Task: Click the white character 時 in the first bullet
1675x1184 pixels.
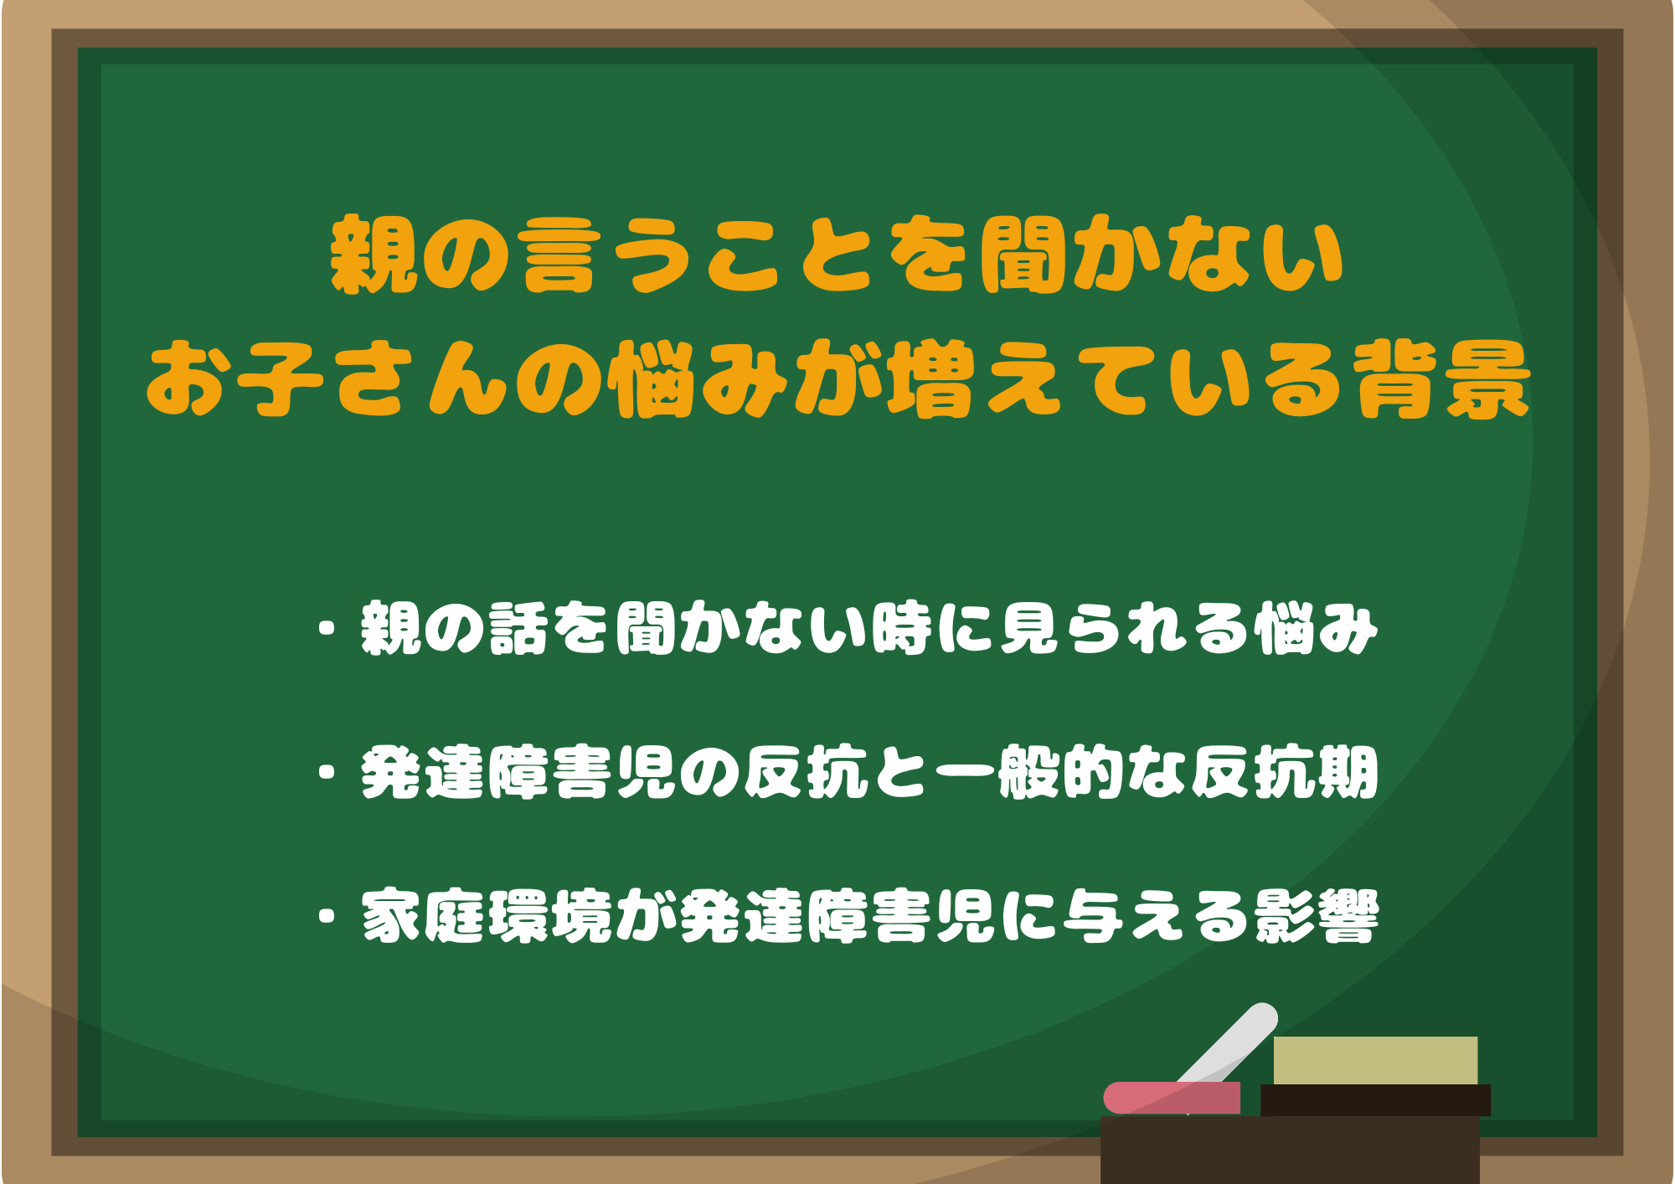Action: [x=902, y=628]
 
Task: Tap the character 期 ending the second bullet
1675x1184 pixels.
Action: [x=1348, y=772]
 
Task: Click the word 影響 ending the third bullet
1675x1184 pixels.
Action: [x=1317, y=916]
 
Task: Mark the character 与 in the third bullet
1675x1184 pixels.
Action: [x=1093, y=916]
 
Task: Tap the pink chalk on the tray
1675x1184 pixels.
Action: [x=1172, y=1098]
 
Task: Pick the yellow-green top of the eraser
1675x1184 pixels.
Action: [x=1375, y=1060]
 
